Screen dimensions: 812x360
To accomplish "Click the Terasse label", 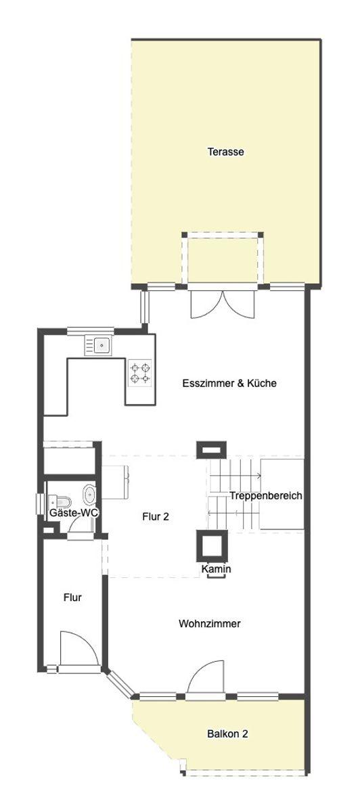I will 225,152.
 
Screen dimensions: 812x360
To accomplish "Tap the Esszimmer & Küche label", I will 230,383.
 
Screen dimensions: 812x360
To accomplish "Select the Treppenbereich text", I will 265,496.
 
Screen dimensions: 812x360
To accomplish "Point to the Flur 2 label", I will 156,516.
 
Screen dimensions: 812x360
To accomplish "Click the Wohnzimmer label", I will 210,623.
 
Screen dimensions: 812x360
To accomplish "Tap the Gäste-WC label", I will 74,514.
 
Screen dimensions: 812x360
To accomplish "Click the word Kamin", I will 217,569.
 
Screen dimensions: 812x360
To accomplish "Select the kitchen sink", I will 99,346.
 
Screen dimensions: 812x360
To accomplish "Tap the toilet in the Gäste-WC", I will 60,501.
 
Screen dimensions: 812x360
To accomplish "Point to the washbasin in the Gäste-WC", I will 89,492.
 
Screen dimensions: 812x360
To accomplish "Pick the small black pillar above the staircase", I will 208,449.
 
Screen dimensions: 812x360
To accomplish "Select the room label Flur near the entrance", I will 72,597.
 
